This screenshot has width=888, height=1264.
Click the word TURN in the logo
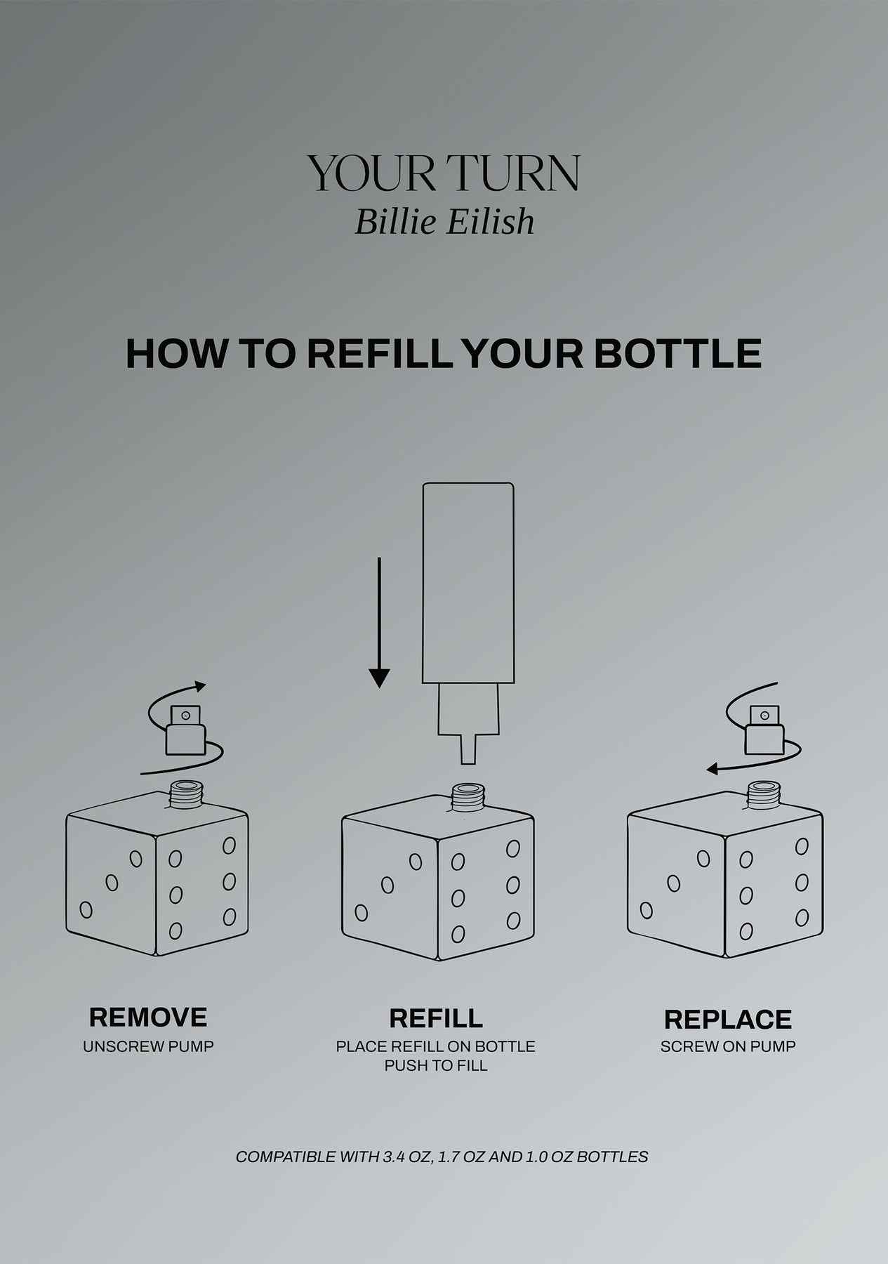click(x=512, y=173)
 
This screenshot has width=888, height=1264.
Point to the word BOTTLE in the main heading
click(x=677, y=353)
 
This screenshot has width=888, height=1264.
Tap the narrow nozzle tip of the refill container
click(x=468, y=749)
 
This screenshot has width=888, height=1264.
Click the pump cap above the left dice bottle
click(x=185, y=730)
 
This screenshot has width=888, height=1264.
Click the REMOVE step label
click(x=148, y=1017)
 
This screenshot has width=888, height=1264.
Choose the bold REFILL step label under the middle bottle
click(x=436, y=1018)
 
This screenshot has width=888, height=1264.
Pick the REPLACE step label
click(x=728, y=1019)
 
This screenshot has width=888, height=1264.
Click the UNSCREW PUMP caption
click(x=148, y=1046)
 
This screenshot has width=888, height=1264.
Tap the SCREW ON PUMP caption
click(x=728, y=1046)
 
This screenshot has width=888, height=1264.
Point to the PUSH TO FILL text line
click(x=436, y=1065)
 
